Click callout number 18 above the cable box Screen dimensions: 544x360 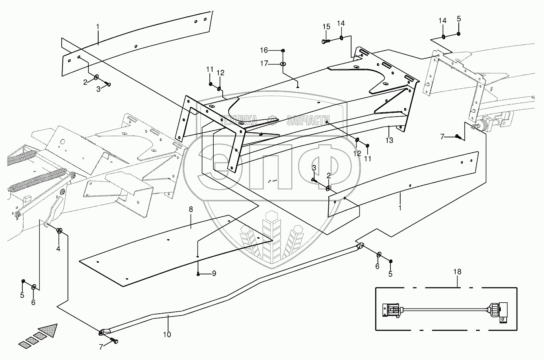point(457,272)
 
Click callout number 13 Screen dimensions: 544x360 point(389,140)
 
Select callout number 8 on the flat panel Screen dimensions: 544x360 point(190,209)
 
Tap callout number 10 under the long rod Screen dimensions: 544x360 point(167,334)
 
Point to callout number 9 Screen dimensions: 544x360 point(214,274)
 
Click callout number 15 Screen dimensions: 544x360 point(326,27)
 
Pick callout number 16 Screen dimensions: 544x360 point(264,50)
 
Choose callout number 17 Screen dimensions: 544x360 point(264,63)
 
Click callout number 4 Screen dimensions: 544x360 point(58,249)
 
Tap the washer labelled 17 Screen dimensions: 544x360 point(283,64)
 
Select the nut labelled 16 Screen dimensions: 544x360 point(283,51)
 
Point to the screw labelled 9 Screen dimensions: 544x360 point(198,274)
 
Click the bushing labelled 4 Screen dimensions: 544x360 point(59,230)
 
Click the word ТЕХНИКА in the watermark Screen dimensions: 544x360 point(238,120)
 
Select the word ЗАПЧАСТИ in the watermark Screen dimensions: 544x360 point(308,120)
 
